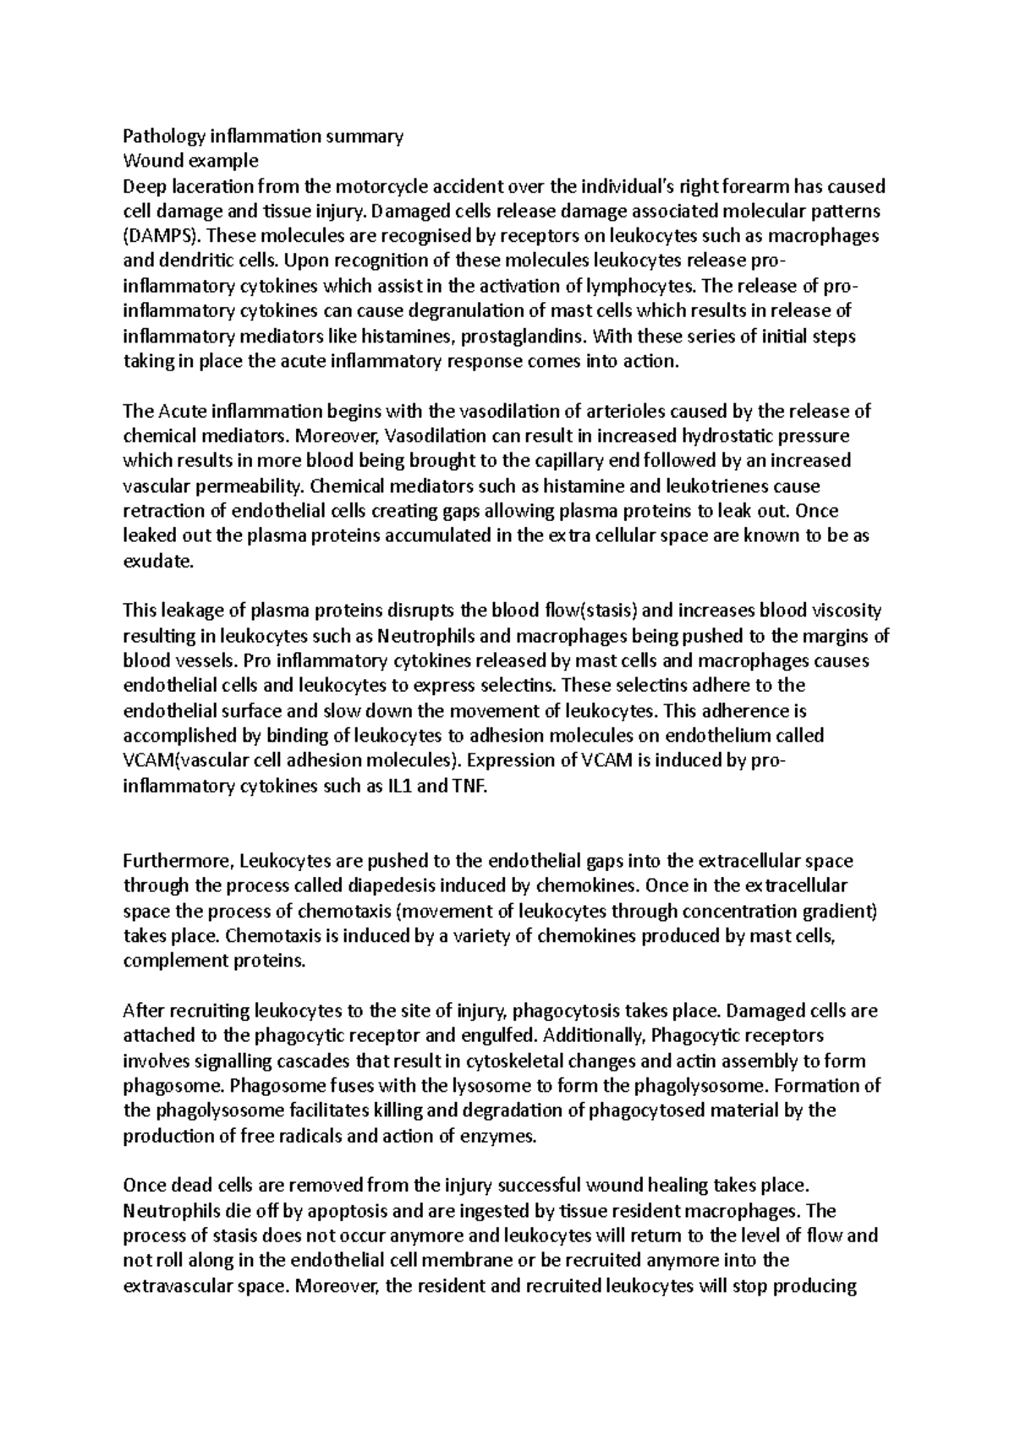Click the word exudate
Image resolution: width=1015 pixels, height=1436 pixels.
coord(158,562)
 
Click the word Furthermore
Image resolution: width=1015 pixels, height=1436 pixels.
coord(177,861)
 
